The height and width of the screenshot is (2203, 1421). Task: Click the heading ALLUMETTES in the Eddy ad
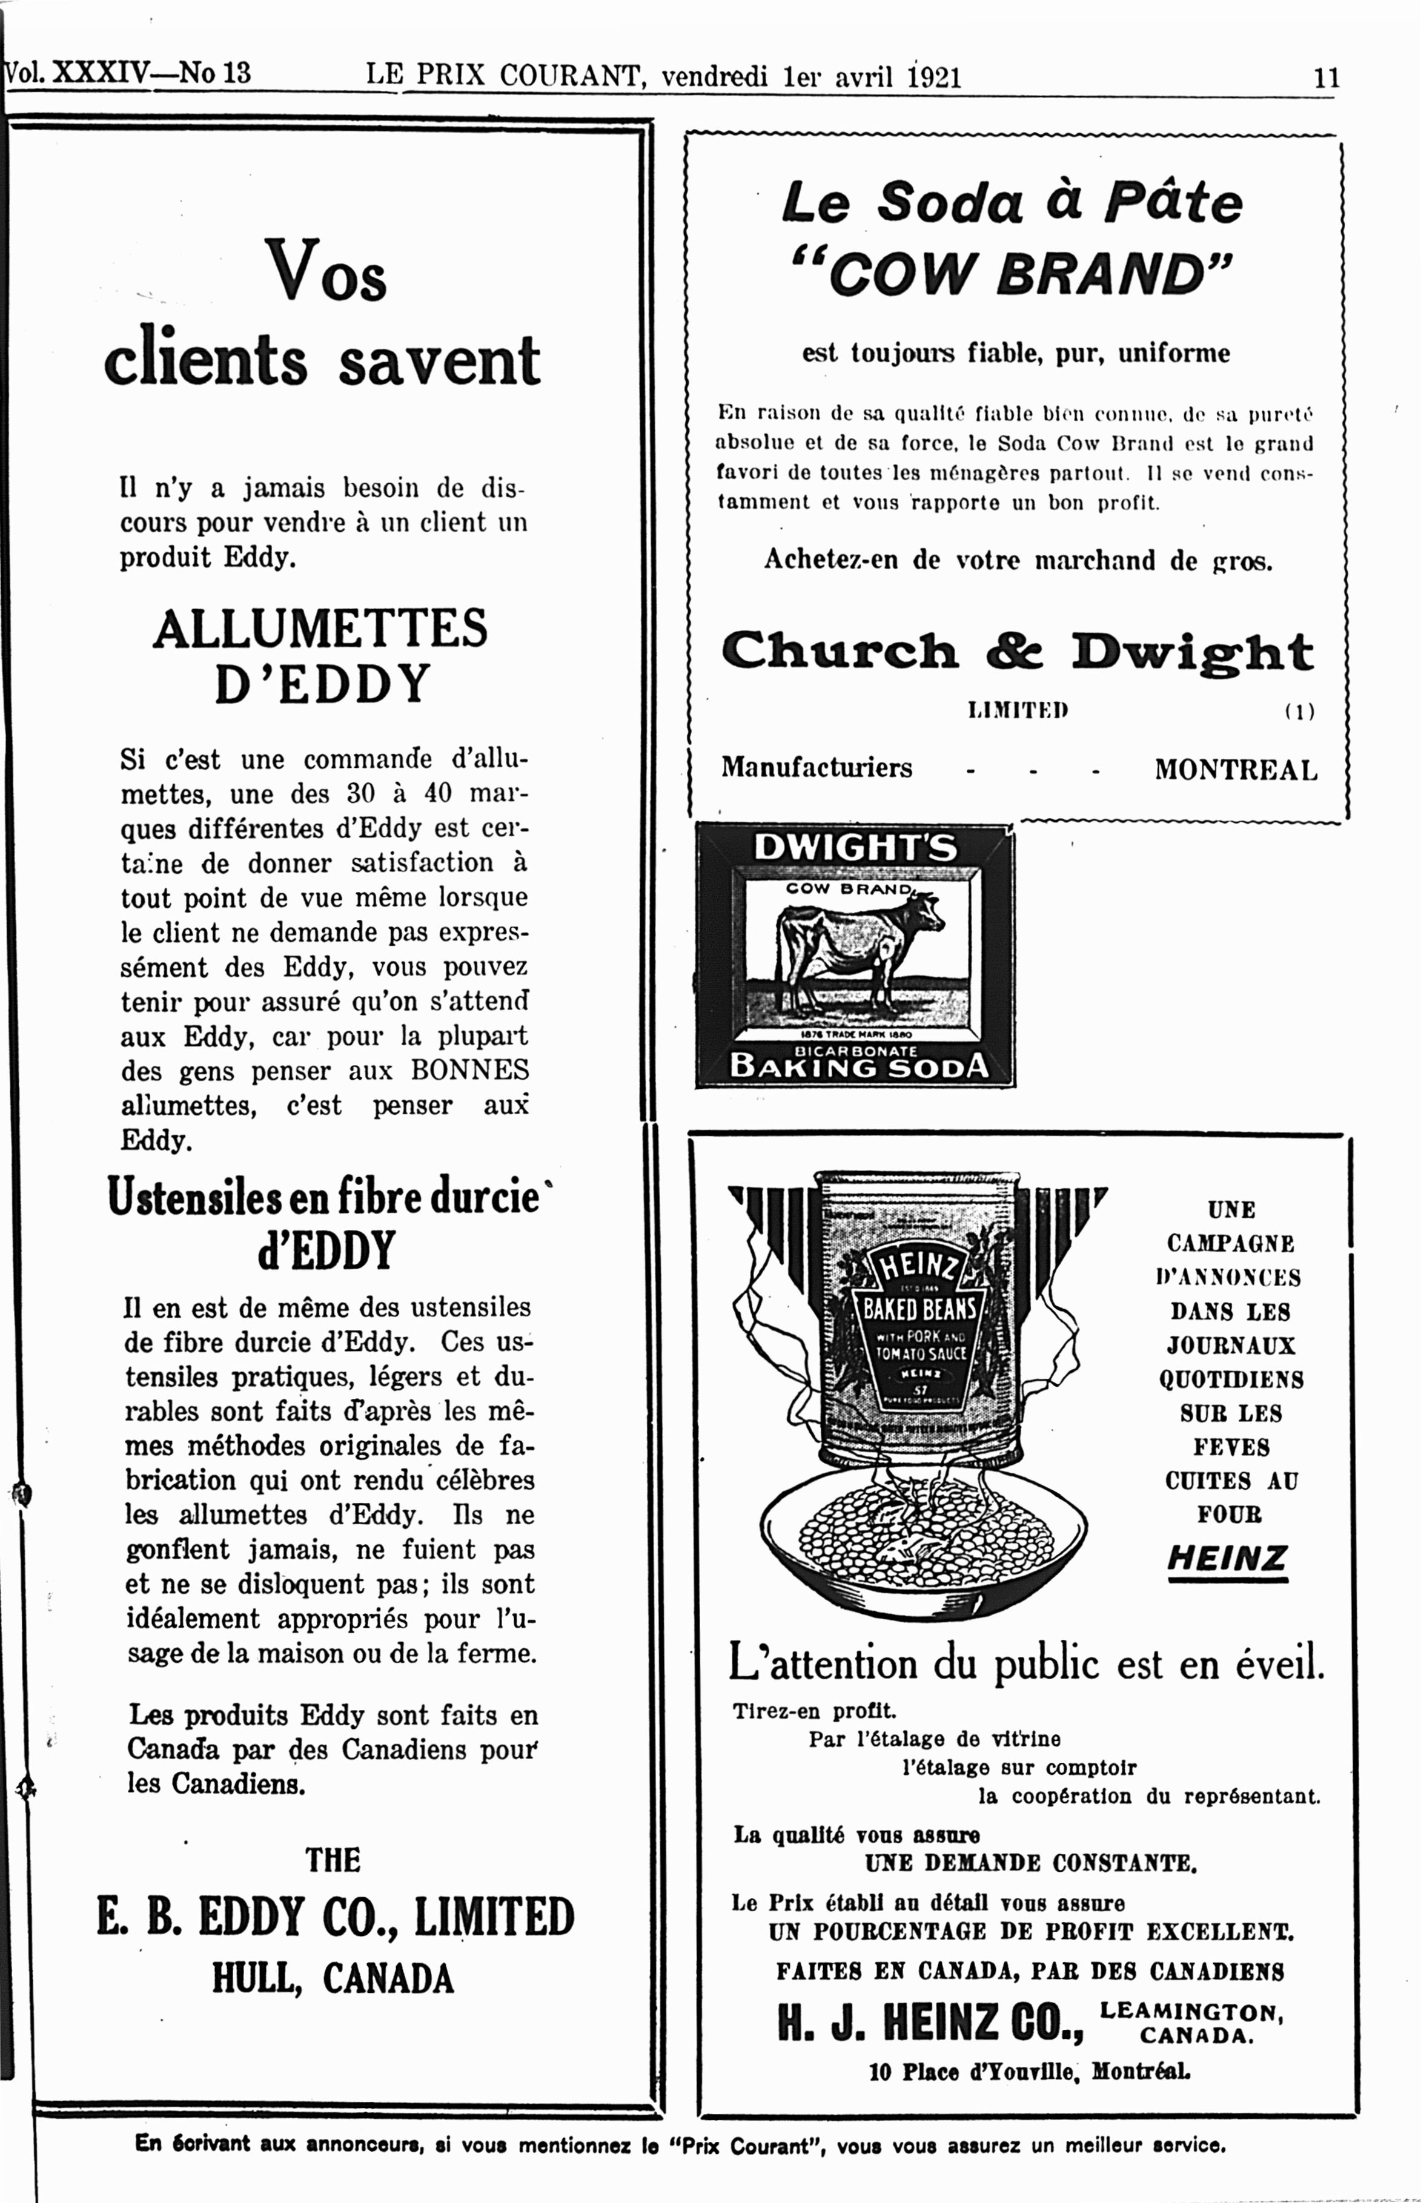(x=320, y=629)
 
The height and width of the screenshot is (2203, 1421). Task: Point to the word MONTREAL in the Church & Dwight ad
(x=1236, y=770)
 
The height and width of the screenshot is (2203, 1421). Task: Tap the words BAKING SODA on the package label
(x=858, y=1066)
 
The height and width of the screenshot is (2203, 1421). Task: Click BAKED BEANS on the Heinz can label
(x=919, y=1308)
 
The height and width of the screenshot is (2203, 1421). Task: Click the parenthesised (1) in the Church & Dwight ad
(x=1299, y=712)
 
